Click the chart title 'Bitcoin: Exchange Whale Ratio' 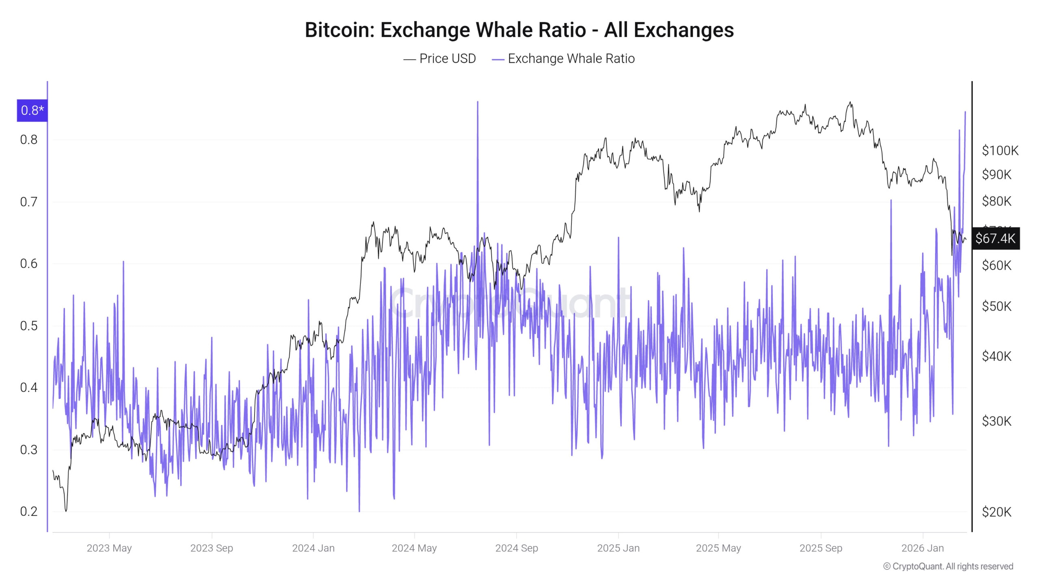(519, 30)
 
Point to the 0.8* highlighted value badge (32, 110)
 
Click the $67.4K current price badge (995, 238)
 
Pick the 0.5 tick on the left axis (29, 326)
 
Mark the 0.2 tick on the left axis (29, 511)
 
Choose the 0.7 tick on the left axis (29, 202)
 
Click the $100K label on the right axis (1000, 151)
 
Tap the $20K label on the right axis (996, 512)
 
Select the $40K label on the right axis (996, 356)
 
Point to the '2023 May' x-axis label (109, 548)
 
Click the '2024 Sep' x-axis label (516, 548)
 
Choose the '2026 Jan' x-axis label (923, 548)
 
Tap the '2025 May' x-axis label (718, 548)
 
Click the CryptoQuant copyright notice (948, 567)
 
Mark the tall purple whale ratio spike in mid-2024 (477, 103)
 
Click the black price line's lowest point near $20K (66, 510)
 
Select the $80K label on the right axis (996, 201)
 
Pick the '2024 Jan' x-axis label (313, 548)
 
